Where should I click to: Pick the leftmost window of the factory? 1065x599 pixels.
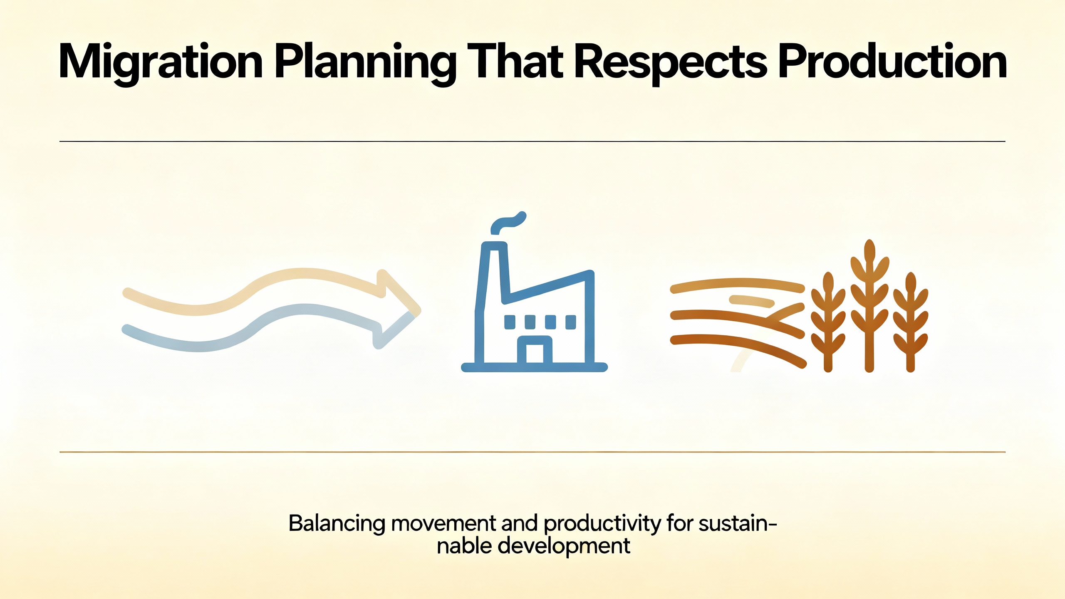[x=510, y=322]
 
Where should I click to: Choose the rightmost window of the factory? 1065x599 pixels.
[x=571, y=322]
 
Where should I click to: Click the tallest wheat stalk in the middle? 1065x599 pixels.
[x=869, y=306]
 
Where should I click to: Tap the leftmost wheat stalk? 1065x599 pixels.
[x=828, y=322]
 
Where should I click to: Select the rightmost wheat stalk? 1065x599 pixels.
[x=911, y=322]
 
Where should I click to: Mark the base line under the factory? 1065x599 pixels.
[x=535, y=367]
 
